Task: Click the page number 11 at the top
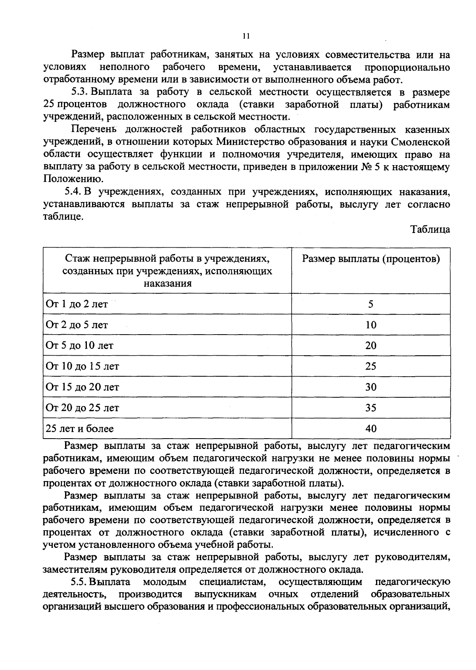pyautogui.click(x=246, y=36)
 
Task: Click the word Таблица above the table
pyautogui.click(x=430, y=230)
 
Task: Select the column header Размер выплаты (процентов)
pyautogui.click(x=371, y=259)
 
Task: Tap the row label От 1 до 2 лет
pyautogui.click(x=77, y=304)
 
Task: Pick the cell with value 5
pyautogui.click(x=370, y=304)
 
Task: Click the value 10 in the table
pyautogui.click(x=370, y=325)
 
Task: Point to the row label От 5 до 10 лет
pyautogui.click(x=79, y=346)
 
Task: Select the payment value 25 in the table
pyautogui.click(x=370, y=366)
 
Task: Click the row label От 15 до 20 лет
pyautogui.click(x=82, y=387)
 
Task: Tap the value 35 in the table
pyautogui.click(x=370, y=408)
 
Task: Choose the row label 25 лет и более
pyautogui.click(x=80, y=429)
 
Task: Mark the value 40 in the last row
pyautogui.click(x=370, y=429)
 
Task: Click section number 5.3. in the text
pyautogui.click(x=80, y=92)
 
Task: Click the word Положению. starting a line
pyautogui.click(x=71, y=179)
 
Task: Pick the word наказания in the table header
pyautogui.click(x=167, y=284)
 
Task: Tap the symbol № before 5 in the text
pyautogui.click(x=365, y=167)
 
